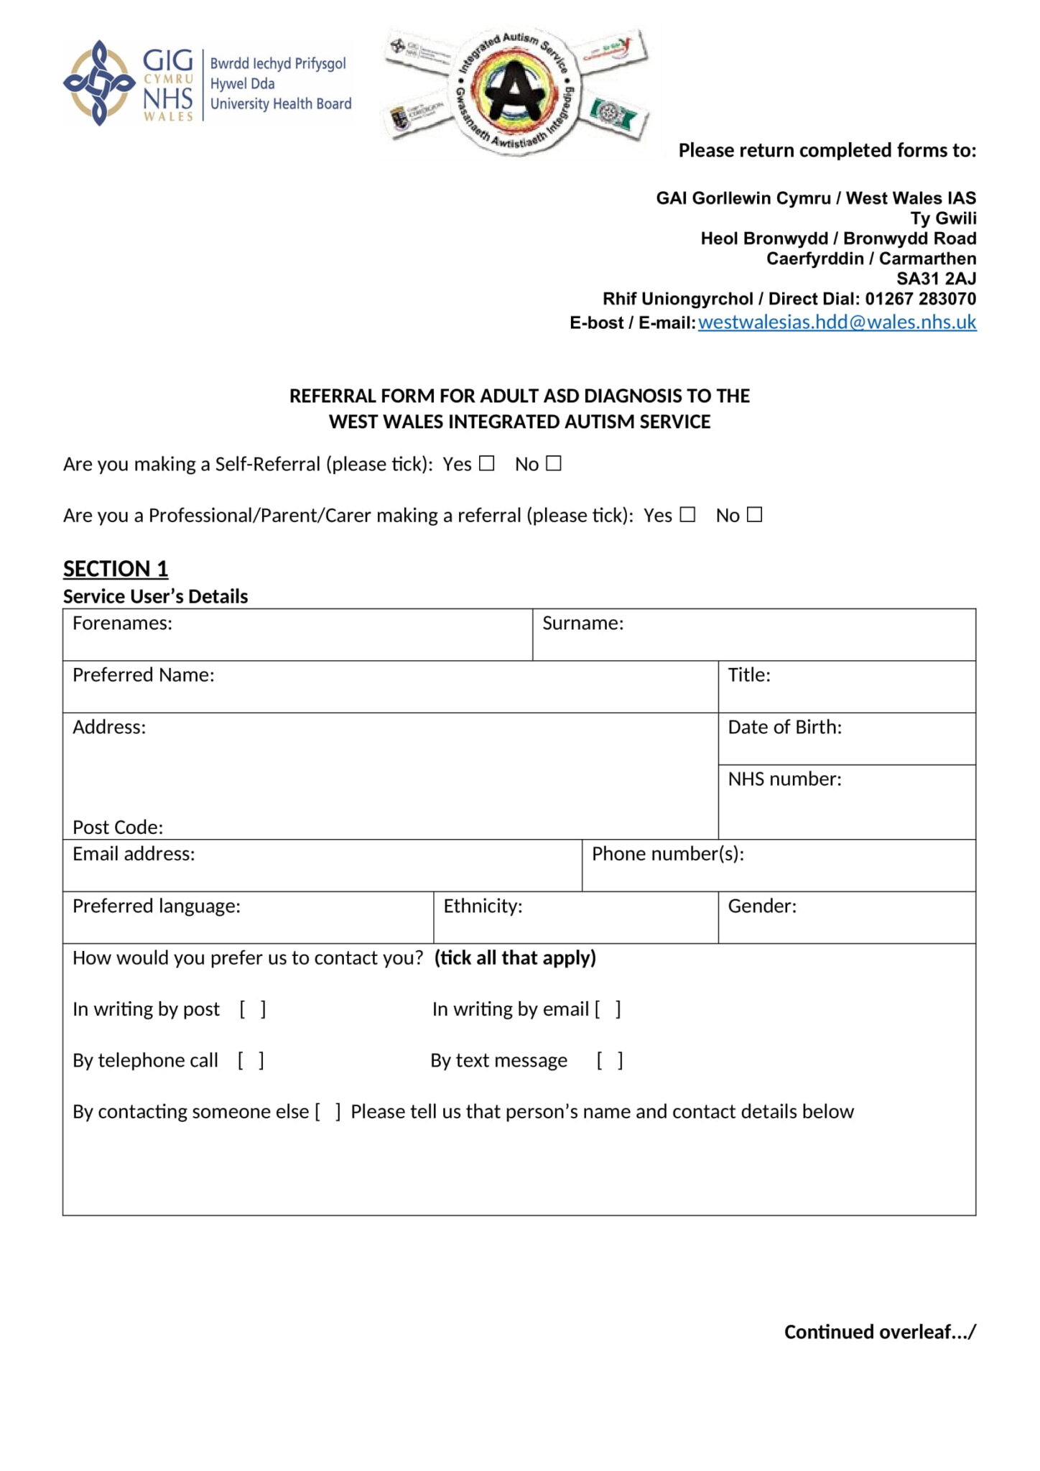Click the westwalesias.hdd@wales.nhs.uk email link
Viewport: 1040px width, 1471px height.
pyautogui.click(x=837, y=322)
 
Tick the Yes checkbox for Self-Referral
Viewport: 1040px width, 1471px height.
pyautogui.click(x=487, y=463)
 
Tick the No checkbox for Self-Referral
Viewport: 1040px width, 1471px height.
pyautogui.click(x=553, y=463)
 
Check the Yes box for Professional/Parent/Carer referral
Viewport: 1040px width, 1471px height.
pyautogui.click(x=688, y=514)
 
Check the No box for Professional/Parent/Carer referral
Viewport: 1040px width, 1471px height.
pyautogui.click(x=754, y=514)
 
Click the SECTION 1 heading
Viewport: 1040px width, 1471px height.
pyautogui.click(x=116, y=568)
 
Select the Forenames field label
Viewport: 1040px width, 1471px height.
pyautogui.click(x=122, y=623)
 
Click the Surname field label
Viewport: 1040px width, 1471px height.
pyautogui.click(x=582, y=623)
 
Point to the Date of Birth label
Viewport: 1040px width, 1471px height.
pyautogui.click(x=784, y=727)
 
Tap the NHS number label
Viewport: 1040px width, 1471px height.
pyautogui.click(x=784, y=779)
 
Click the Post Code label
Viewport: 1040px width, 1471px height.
pyautogui.click(x=118, y=827)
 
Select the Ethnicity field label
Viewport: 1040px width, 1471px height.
pyautogui.click(x=483, y=906)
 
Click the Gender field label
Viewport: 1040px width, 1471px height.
pyautogui.click(x=762, y=906)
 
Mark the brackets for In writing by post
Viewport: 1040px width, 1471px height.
pyautogui.click(x=253, y=1009)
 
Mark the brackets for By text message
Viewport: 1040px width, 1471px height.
pyautogui.click(x=610, y=1060)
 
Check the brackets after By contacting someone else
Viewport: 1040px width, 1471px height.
pyautogui.click(x=328, y=1112)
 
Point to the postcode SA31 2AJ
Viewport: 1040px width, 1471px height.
pyautogui.click(x=936, y=279)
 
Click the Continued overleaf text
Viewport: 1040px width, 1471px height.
pyautogui.click(x=880, y=1332)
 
